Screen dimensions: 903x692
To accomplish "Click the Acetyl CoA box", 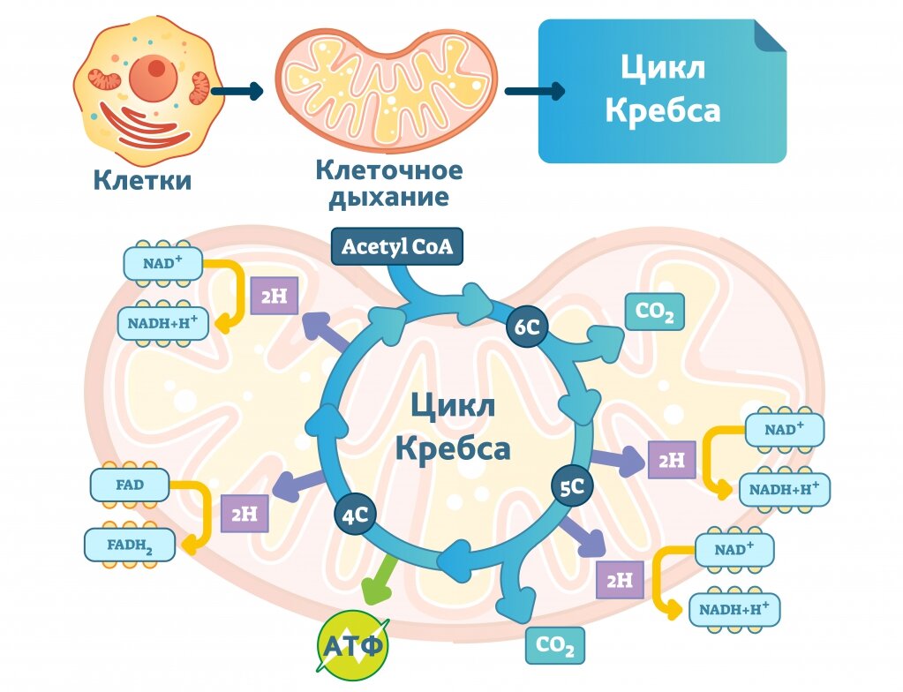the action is [x=397, y=246].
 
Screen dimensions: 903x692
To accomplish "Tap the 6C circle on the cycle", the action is [x=526, y=327].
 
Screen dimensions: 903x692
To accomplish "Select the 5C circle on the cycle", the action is [x=572, y=486].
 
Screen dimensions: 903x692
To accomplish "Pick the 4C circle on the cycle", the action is [x=355, y=515].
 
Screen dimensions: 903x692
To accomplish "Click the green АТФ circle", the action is [x=353, y=646].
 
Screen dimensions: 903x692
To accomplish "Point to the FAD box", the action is [x=130, y=485].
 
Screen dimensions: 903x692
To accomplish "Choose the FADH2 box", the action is [x=130, y=545].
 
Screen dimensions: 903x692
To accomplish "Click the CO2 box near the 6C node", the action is [x=655, y=312].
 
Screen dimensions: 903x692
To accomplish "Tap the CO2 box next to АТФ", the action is [x=554, y=645].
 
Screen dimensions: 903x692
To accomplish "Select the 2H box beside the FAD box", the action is [x=245, y=513].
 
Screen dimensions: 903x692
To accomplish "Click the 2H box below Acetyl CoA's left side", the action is [x=275, y=296].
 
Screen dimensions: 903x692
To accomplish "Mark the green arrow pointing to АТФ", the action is [x=380, y=580].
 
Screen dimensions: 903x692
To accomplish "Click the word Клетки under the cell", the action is [x=142, y=180].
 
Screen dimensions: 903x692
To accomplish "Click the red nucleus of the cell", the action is [x=154, y=77].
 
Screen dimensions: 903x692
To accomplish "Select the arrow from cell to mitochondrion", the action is [x=237, y=91].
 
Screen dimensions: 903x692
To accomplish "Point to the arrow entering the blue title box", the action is [x=535, y=91].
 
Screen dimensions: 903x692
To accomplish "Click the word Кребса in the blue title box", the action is [x=663, y=110].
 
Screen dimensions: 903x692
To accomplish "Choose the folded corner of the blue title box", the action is [x=771, y=35].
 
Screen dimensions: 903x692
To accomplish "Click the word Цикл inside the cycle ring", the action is [x=453, y=405].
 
